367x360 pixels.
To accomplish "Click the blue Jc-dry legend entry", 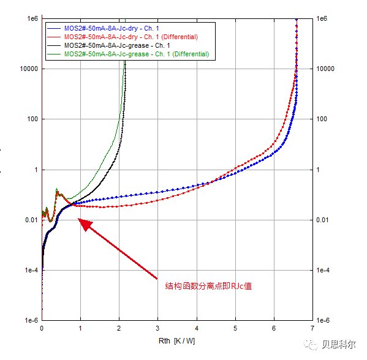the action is [x=103, y=28].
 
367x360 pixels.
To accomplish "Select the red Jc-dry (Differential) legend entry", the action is [x=123, y=37].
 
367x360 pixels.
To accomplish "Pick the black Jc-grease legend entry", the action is [x=108, y=45].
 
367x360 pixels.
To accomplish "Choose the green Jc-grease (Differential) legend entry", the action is [x=128, y=54].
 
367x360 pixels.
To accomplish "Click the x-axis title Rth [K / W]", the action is [x=176, y=341].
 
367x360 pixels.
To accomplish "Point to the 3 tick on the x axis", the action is [x=157, y=328].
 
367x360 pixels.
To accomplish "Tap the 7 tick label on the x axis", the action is [x=312, y=328].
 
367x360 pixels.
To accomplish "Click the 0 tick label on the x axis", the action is [x=42, y=328].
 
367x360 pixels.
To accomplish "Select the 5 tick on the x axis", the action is [x=235, y=328].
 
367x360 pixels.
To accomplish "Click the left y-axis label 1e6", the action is [x=32, y=18].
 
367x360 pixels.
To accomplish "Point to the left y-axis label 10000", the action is [x=29, y=69].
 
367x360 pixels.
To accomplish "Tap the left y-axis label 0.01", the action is [x=31, y=220].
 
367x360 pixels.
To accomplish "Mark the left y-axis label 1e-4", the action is [x=31, y=270].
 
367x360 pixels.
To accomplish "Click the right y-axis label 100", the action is [x=322, y=119].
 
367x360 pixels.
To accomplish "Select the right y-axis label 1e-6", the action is [x=323, y=320].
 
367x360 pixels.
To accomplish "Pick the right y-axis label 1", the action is [x=318, y=170].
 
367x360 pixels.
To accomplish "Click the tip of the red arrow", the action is [x=78, y=219].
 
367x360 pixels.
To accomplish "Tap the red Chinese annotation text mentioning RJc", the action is [x=208, y=286].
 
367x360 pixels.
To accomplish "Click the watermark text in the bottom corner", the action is [x=338, y=344].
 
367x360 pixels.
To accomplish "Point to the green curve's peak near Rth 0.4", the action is [x=56, y=189].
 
